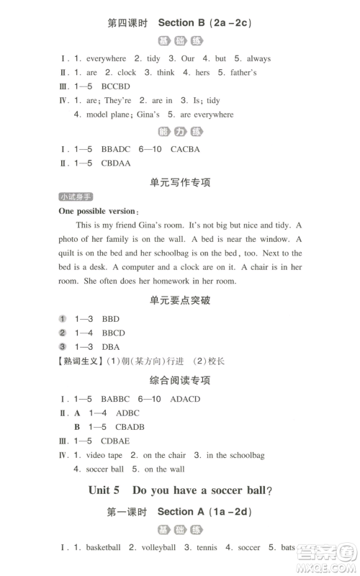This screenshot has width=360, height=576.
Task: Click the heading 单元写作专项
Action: (179, 183)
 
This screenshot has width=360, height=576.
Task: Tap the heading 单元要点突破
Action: (179, 300)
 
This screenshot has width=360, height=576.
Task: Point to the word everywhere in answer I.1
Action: (106, 58)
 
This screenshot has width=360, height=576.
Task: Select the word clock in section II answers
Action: (126, 73)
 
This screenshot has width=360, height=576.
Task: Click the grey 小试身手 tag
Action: (76, 197)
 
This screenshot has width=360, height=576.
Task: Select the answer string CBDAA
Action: (117, 163)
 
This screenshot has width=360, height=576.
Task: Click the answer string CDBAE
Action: (117, 441)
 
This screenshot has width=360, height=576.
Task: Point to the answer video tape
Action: (105, 455)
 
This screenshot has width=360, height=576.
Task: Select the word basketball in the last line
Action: (103, 547)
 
